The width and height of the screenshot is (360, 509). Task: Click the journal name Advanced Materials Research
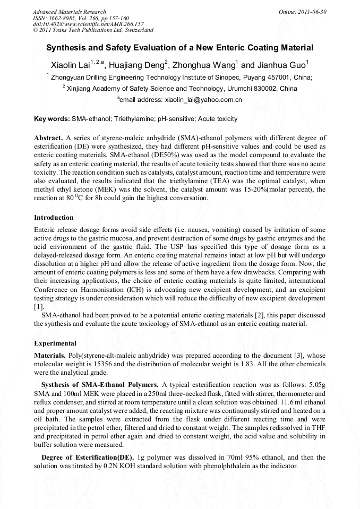click(x=69, y=12)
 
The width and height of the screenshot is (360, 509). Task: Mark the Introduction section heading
click(x=54, y=218)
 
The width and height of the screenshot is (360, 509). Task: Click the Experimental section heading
click(x=55, y=343)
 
